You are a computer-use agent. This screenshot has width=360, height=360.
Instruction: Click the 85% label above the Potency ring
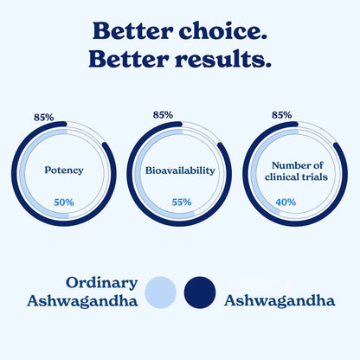(42, 116)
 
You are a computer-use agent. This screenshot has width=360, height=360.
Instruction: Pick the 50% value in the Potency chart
(64, 202)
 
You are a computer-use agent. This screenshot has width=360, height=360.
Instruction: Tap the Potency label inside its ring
(64, 170)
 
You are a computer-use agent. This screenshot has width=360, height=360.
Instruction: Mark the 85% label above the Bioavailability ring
(163, 114)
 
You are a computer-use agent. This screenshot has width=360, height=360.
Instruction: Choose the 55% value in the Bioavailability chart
(182, 202)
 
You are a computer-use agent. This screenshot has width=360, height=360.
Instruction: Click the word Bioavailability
(180, 170)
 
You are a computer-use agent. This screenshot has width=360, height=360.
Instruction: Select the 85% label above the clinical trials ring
(281, 114)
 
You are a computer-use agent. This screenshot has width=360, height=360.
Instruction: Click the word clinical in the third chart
(279, 177)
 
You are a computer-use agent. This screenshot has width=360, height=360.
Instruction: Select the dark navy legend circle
(201, 292)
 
